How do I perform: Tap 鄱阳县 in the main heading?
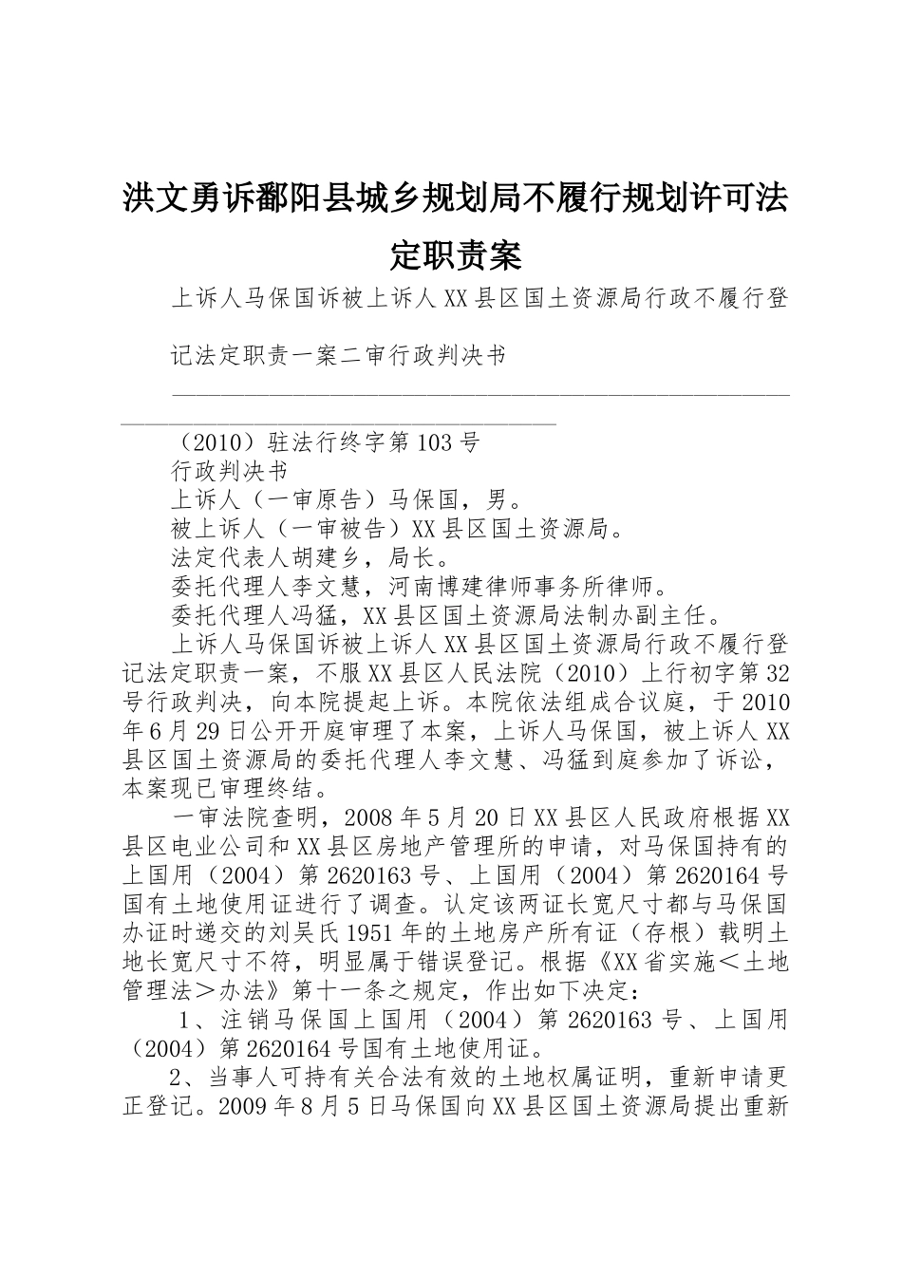(306, 200)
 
